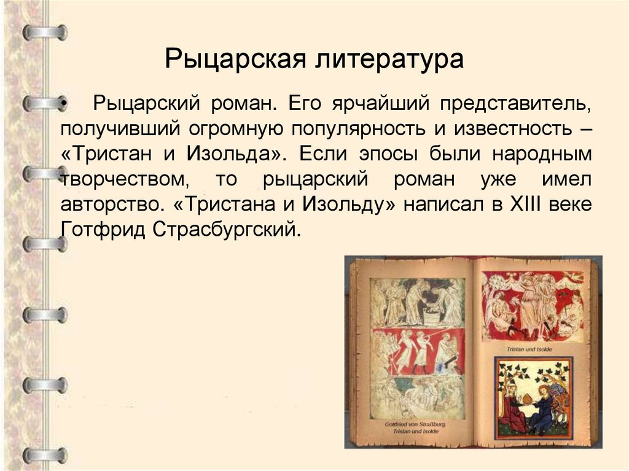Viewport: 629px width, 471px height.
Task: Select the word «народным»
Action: click(x=543, y=154)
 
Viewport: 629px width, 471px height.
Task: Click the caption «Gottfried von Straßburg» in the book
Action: click(x=415, y=424)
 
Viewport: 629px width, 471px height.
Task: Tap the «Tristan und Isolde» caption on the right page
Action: click(x=529, y=349)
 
